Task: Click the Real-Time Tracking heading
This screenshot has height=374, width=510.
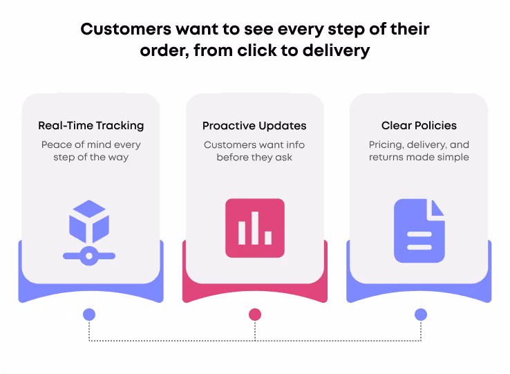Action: pos(91,126)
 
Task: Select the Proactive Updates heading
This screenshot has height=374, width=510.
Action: pos(254,126)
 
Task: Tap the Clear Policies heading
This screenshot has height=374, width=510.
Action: pos(419,126)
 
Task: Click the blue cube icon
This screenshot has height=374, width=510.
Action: pos(89,221)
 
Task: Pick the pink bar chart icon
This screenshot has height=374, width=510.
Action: pos(254,228)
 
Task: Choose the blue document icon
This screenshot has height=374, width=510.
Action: pos(419,231)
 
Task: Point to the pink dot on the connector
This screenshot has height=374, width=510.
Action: pos(255,315)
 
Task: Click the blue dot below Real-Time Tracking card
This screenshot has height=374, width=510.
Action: pos(89,315)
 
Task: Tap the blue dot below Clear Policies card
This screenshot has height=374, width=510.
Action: pos(420,315)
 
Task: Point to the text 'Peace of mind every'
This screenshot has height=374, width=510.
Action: pos(91,145)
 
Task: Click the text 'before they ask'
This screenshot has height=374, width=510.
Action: pos(254,157)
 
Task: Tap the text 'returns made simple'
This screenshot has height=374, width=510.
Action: pos(419,157)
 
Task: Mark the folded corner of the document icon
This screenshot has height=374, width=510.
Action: pos(436,208)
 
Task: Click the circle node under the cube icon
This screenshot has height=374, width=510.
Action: pos(88,255)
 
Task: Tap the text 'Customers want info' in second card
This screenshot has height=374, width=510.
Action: pos(254,145)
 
